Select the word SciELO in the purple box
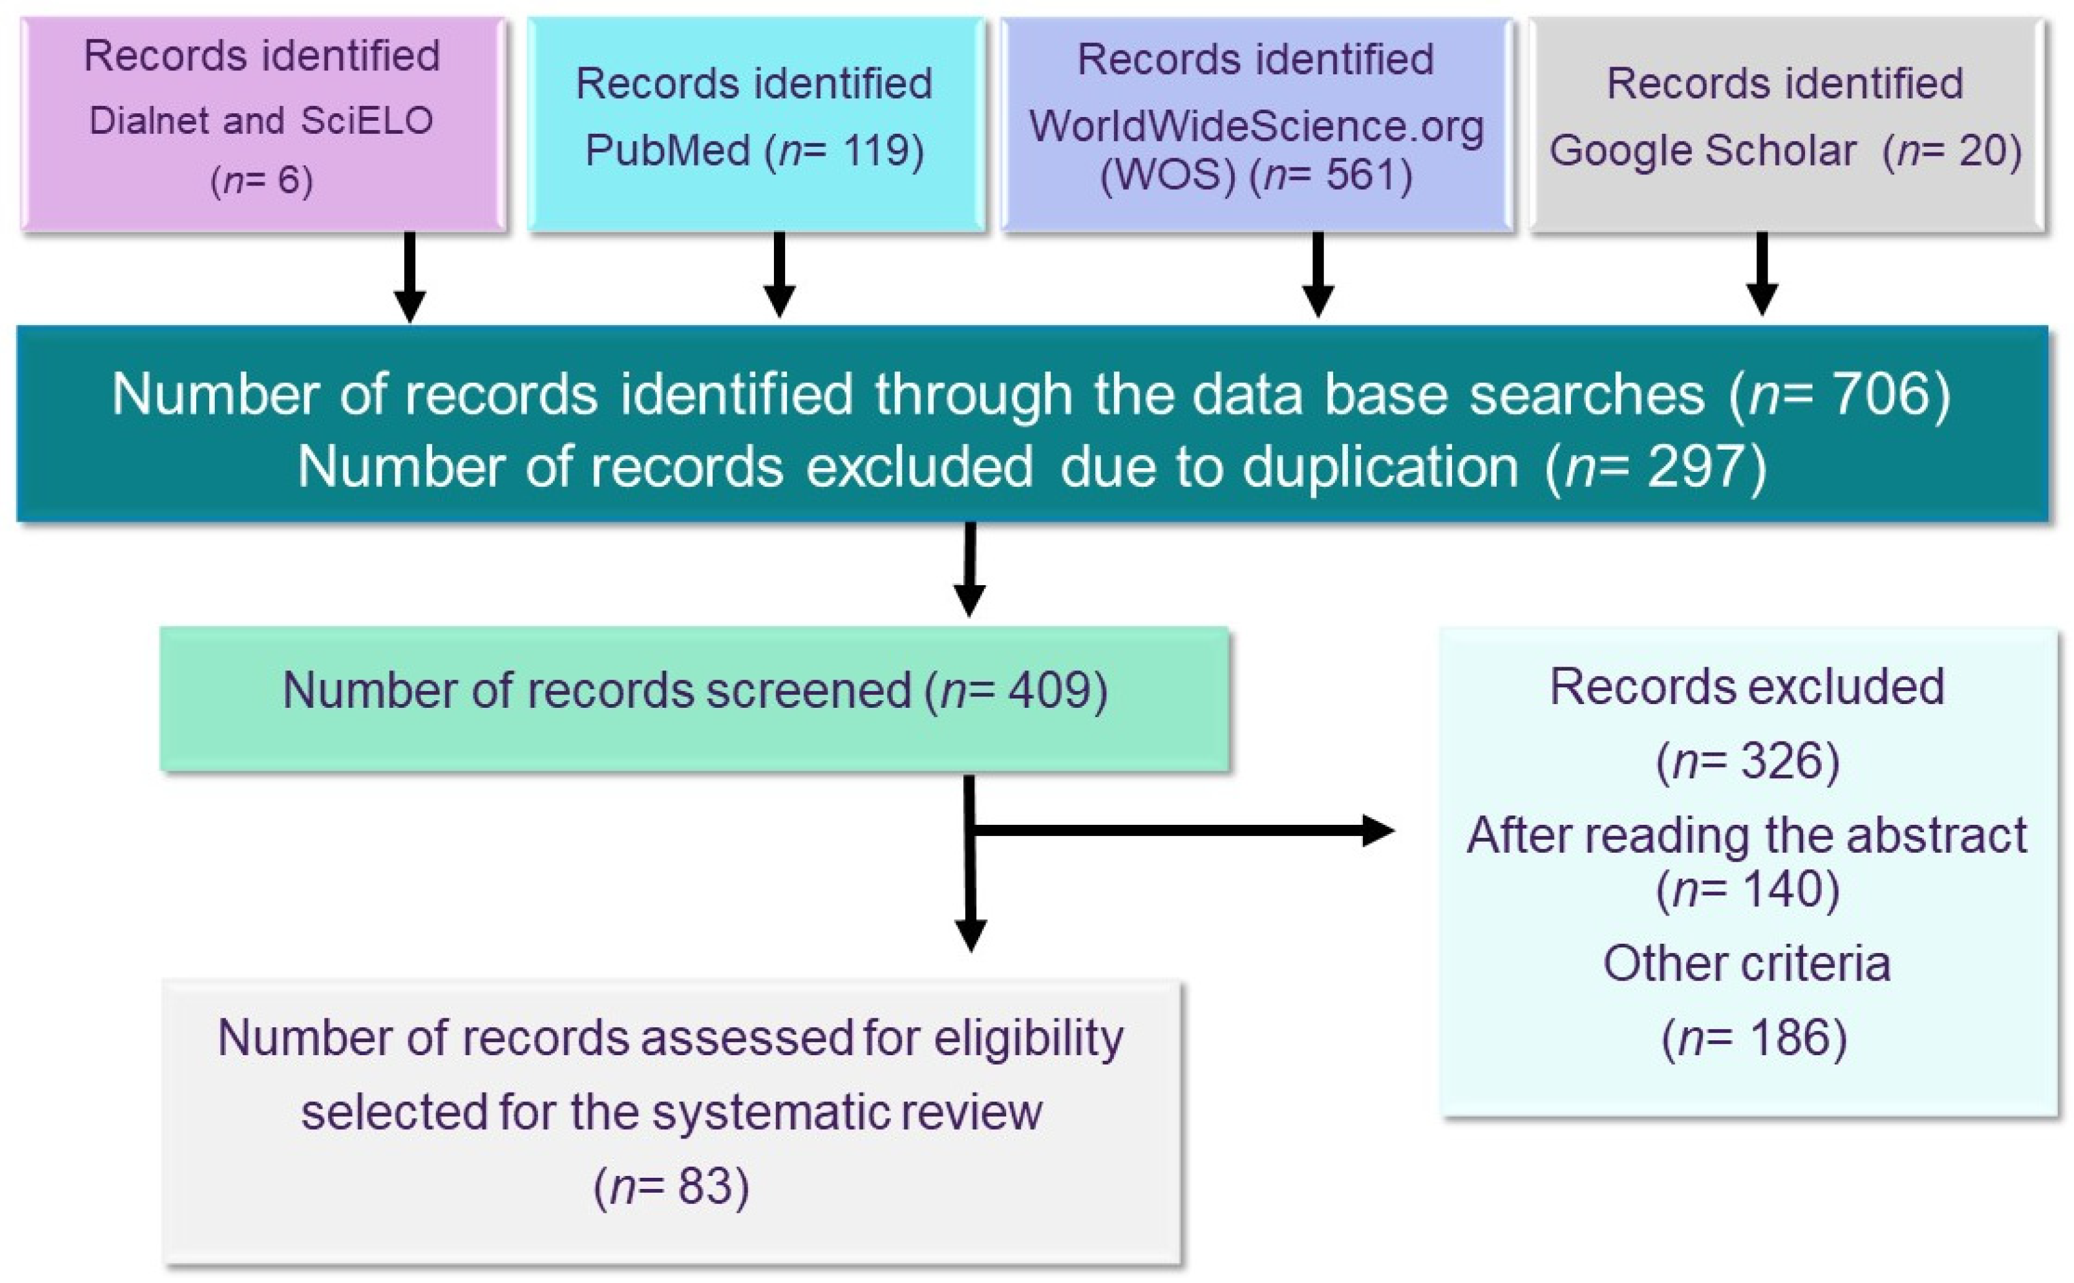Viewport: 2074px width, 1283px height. pos(367,121)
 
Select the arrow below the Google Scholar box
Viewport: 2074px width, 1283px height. pos(1761,274)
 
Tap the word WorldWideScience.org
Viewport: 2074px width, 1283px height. pos(1256,126)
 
